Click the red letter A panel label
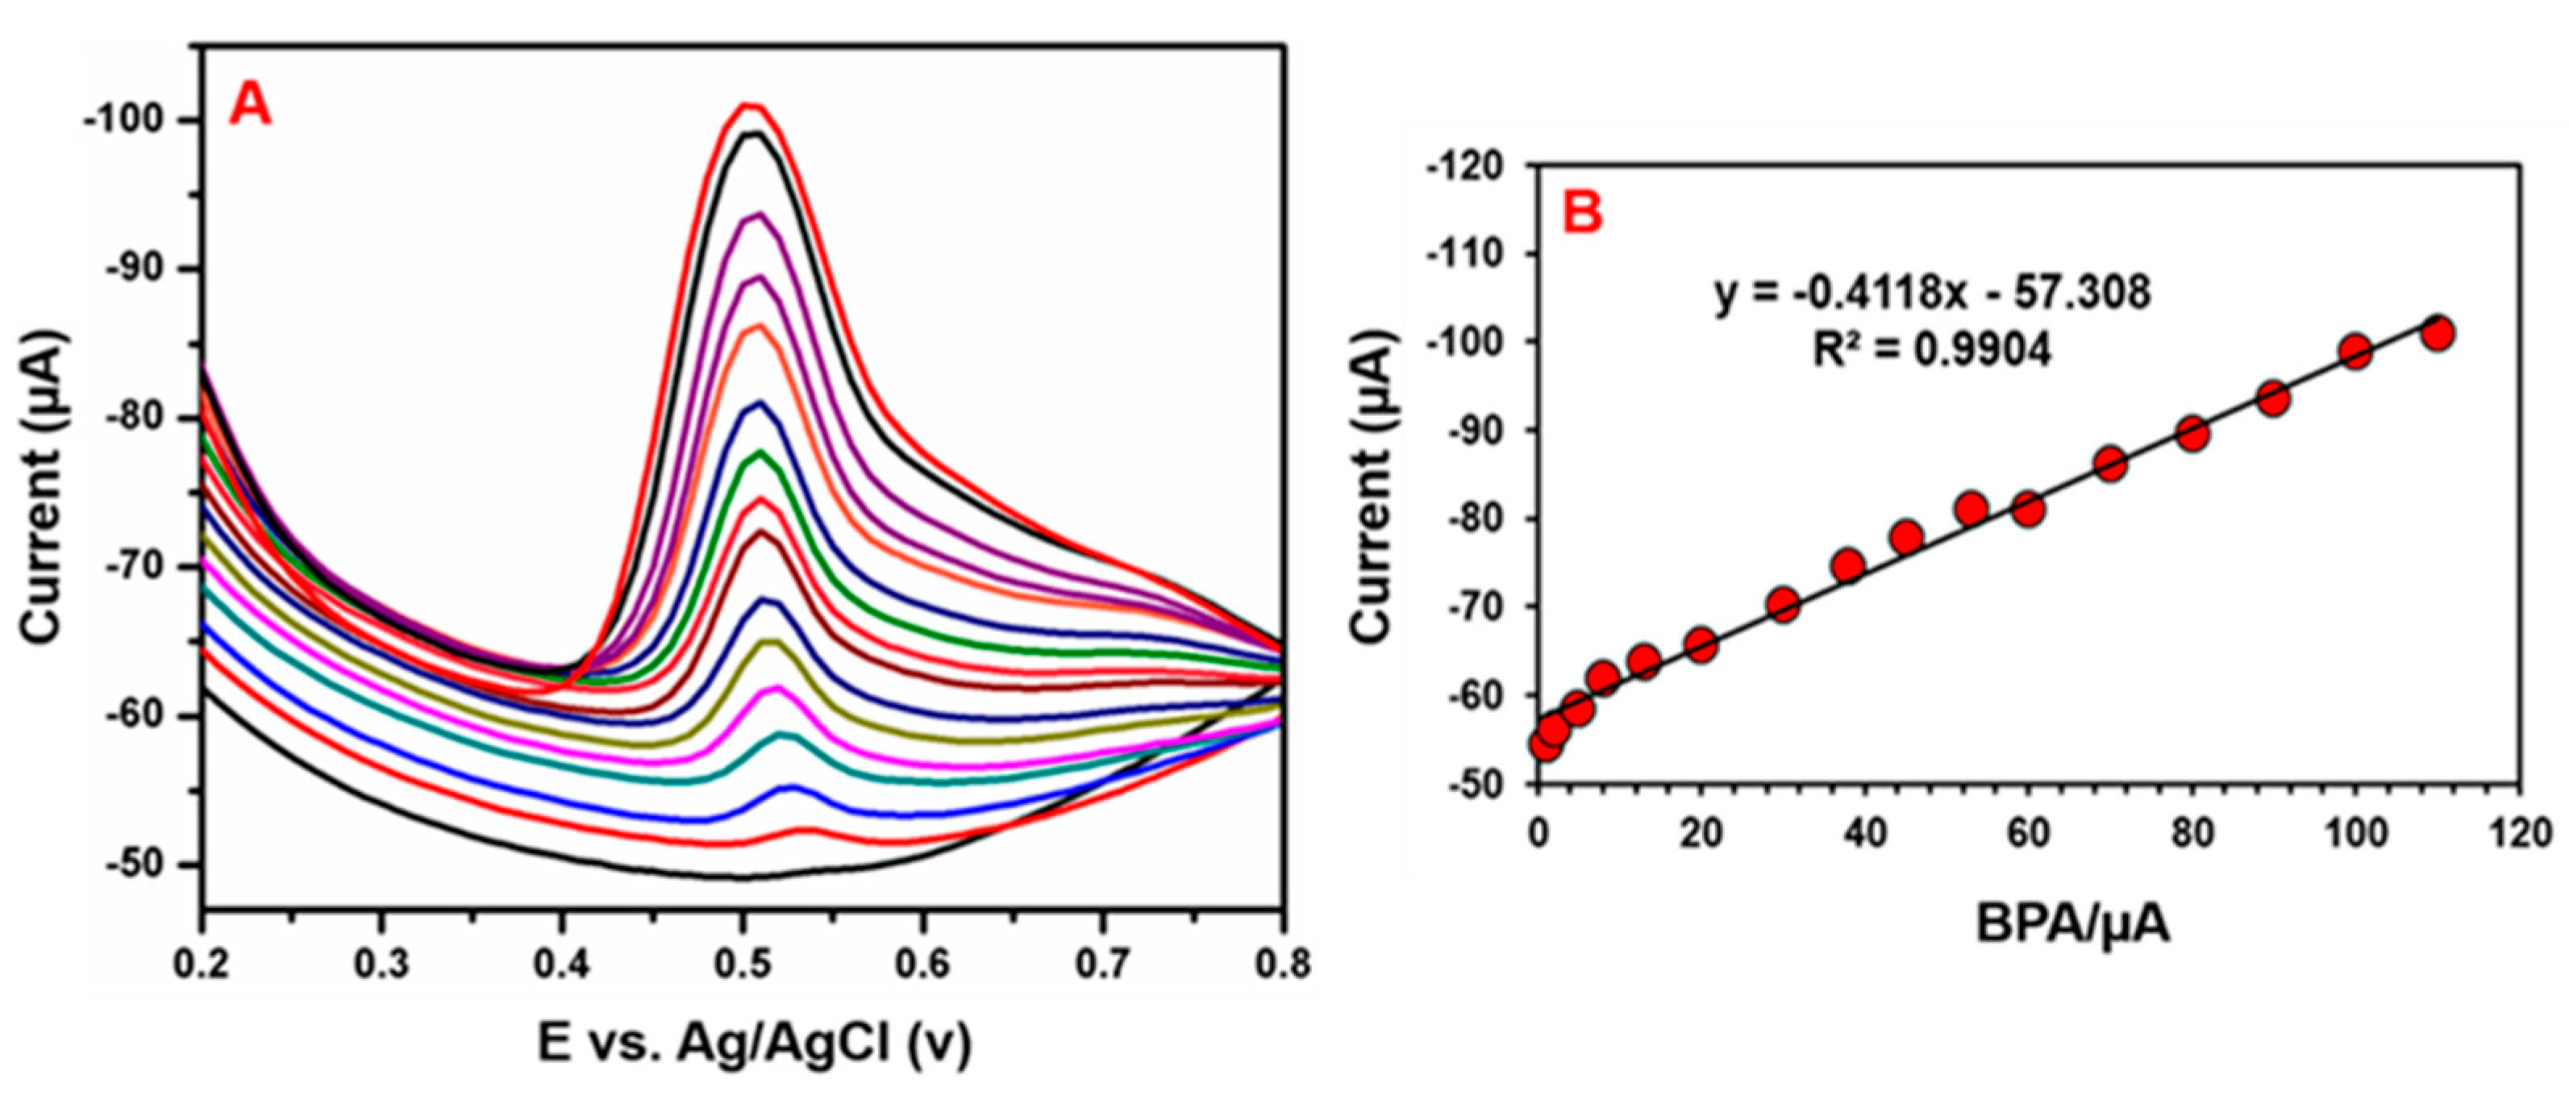[249, 105]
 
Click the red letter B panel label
[1583, 211]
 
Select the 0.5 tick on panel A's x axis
[741, 965]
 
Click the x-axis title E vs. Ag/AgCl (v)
[753, 1044]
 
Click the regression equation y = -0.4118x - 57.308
[1933, 292]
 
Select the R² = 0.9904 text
[1933, 348]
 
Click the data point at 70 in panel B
[2110, 464]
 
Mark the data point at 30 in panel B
[1783, 604]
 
